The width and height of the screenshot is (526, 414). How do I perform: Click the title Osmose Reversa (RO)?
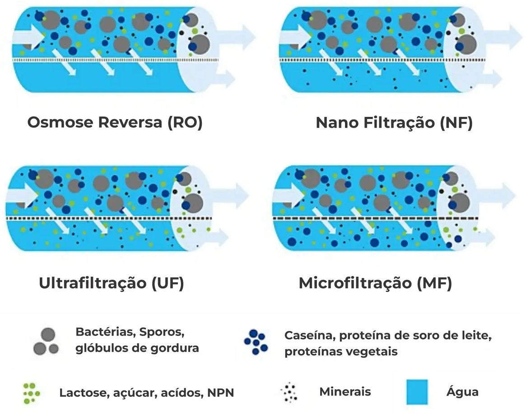tap(115, 123)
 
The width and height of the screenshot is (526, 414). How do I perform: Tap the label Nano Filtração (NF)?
tap(394, 123)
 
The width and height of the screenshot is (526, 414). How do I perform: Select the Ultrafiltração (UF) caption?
tap(112, 283)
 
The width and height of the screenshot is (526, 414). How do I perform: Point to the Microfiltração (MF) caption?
tap(375, 283)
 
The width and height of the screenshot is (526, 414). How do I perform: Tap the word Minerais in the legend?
tap(345, 391)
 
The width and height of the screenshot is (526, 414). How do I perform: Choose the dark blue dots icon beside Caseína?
tap(256, 342)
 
